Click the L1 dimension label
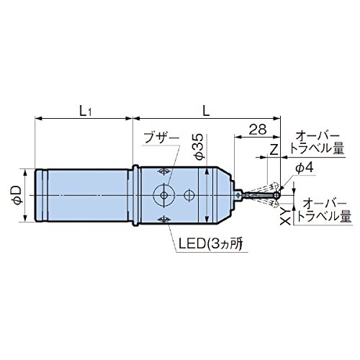[x=86, y=111]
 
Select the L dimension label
[x=206, y=111]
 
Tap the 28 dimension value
[x=258, y=130]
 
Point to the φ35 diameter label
[x=199, y=147]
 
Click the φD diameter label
[x=17, y=196]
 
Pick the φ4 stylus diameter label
[x=305, y=168]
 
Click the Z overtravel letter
[x=274, y=150]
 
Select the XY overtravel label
[x=286, y=216]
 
